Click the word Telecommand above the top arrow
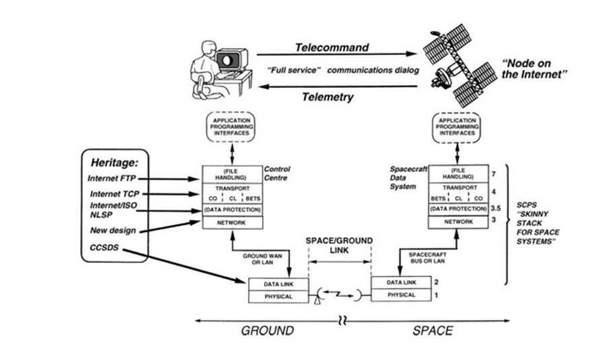click(332, 48)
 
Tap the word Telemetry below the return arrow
click(327, 97)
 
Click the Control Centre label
click(277, 174)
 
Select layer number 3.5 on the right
click(496, 209)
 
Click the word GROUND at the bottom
click(267, 330)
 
